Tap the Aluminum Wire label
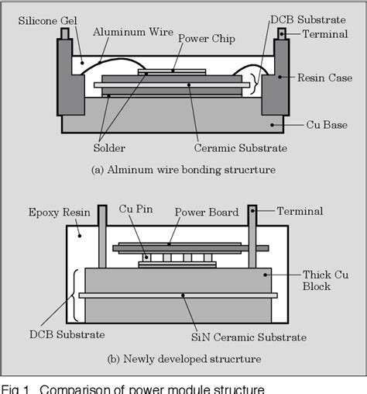[127, 32]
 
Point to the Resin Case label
[324, 78]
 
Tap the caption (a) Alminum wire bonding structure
[183, 169]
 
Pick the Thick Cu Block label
[317, 280]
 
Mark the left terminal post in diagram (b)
[103, 237]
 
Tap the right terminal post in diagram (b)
[252, 237]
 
